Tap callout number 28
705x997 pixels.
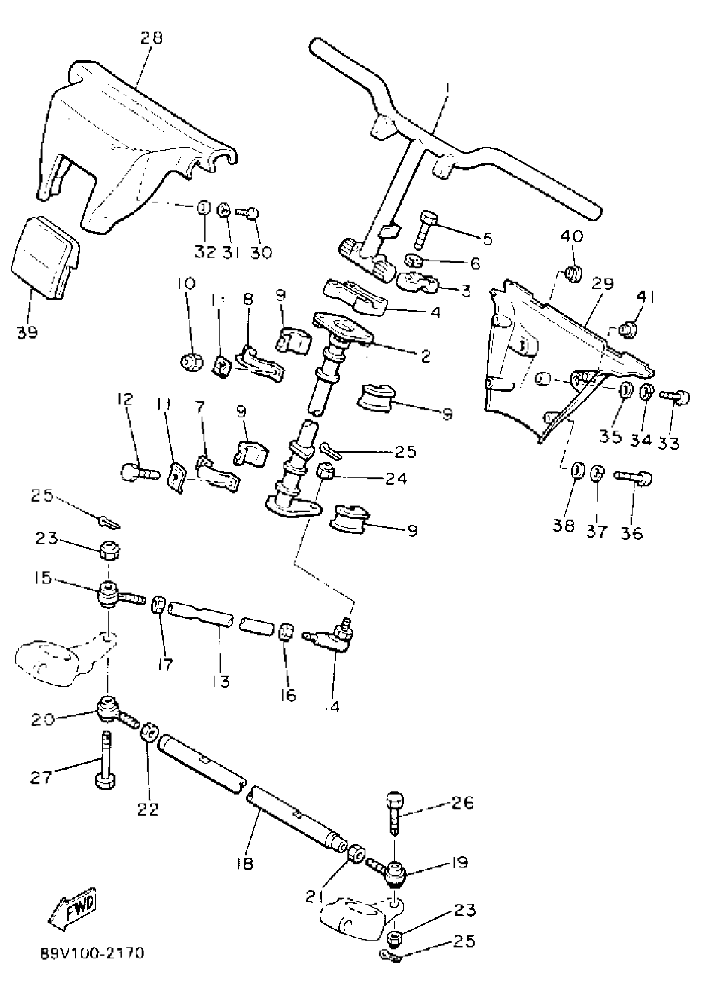(151, 38)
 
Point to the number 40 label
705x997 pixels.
(572, 236)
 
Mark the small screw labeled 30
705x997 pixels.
(247, 213)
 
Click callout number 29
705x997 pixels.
(603, 283)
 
